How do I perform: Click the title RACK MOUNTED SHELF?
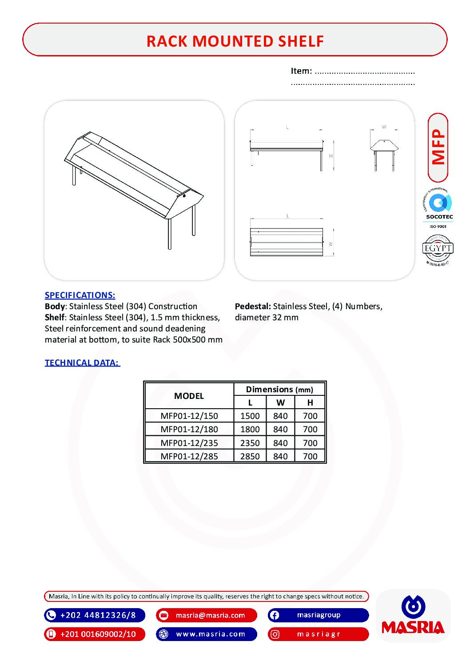click(235, 41)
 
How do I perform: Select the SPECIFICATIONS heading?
click(80, 295)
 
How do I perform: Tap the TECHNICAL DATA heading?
click(82, 362)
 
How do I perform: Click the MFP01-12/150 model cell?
click(189, 416)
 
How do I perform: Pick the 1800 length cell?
click(250, 429)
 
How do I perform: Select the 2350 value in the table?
click(250, 443)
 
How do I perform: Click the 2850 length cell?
click(250, 456)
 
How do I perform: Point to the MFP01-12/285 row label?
click(189, 456)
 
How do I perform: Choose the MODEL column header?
click(189, 396)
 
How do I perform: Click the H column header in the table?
click(310, 402)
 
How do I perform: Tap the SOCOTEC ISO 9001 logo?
click(438, 208)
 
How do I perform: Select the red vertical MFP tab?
click(438, 147)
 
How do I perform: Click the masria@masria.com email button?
click(207, 615)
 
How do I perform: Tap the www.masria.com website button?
click(207, 634)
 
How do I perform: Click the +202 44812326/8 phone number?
click(95, 615)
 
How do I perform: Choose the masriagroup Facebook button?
click(318, 615)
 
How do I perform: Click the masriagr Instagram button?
click(318, 634)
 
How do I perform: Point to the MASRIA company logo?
click(413, 616)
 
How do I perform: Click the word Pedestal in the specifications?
click(252, 306)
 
